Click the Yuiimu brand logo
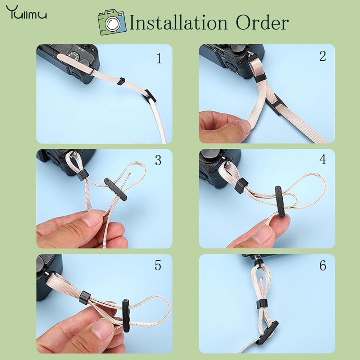26,12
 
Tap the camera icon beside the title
112,22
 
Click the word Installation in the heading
179,23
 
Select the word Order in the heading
262,22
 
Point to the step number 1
159,58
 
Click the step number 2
323,56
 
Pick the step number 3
158,160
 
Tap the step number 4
323,159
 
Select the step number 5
158,265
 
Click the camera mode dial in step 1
75,56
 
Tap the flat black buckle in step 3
116,189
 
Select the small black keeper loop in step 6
262,304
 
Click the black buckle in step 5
126,315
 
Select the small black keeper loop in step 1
121,81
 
